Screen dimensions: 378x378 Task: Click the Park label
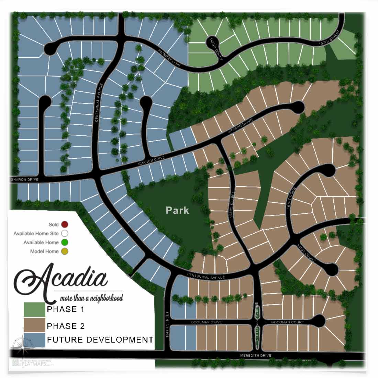tap(177, 210)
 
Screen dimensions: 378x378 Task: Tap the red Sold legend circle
tap(65, 224)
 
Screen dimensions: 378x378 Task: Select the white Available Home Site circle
tap(65, 234)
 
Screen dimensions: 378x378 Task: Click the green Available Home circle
tap(65, 243)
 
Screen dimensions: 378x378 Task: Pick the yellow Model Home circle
tap(65, 251)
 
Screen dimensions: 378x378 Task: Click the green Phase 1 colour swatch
tap(34, 309)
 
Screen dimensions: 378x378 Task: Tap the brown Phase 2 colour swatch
tap(34, 325)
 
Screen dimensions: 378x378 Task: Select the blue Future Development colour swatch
tap(34, 340)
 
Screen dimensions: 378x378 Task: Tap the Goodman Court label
tap(287, 322)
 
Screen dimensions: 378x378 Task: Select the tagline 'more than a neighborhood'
tap(91, 298)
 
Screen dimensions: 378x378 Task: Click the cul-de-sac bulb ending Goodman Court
tap(320, 321)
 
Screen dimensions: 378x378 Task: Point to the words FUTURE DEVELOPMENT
tap(100, 340)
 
